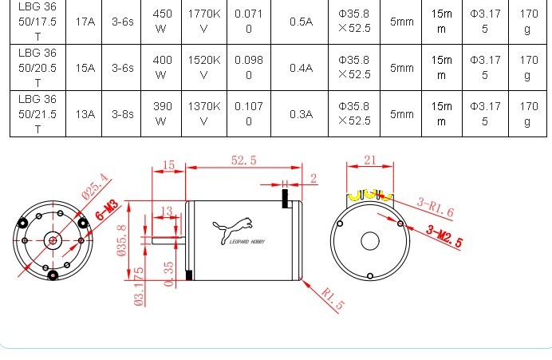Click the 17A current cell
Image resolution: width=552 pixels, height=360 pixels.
tap(85, 22)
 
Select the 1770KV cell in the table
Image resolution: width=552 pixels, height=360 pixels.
tap(204, 22)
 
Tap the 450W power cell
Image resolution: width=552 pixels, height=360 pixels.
tap(161, 22)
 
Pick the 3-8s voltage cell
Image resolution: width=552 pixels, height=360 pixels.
tap(122, 114)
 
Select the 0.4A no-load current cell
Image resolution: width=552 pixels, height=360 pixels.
tap(301, 68)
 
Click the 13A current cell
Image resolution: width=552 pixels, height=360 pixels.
tap(85, 114)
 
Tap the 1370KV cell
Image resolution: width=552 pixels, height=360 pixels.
tap(204, 114)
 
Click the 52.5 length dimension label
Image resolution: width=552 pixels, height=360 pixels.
tap(243, 160)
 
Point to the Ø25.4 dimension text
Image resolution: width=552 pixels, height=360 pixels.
tap(93, 185)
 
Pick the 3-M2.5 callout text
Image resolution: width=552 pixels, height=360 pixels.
tap(444, 237)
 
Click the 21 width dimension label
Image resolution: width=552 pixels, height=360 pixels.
tap(369, 160)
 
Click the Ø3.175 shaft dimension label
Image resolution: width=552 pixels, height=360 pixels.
tap(139, 286)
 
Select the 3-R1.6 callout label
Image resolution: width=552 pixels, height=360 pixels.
tap(435, 208)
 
